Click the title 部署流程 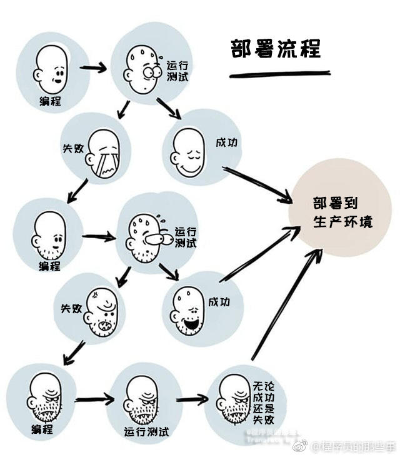coord(275,48)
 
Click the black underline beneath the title coord(279,74)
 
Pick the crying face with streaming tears coord(105,153)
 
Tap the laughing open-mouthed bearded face coord(189,309)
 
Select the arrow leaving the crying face coord(79,190)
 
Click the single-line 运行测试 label coord(146,431)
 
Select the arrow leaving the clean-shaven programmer coord(94,66)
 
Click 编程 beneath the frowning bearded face coord(42,430)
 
